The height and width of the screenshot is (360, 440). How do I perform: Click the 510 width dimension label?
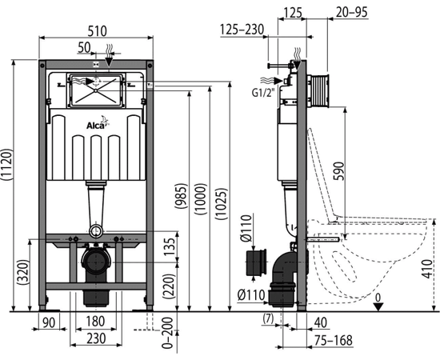click(x=97, y=31)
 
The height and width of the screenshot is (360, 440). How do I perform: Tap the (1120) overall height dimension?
click(x=6, y=165)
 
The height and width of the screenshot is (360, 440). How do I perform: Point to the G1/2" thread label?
click(x=262, y=92)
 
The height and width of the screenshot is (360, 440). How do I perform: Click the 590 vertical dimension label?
click(x=338, y=171)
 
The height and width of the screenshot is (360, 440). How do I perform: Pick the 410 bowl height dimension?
click(x=427, y=269)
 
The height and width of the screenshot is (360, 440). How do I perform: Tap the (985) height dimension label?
click(x=182, y=196)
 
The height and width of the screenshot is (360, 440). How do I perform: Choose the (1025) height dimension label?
click(x=222, y=204)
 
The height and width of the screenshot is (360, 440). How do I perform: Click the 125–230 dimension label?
click(x=242, y=30)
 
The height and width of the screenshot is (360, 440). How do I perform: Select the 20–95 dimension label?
click(x=352, y=12)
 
